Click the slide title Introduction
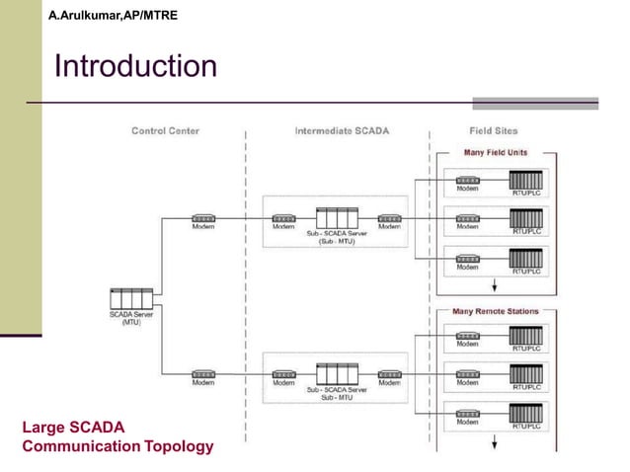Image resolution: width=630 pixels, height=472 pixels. pyautogui.click(x=135, y=67)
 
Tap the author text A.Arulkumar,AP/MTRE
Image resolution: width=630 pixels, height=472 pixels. pyautogui.click(x=113, y=16)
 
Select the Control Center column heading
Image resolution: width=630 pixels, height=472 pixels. pyautogui.click(x=165, y=130)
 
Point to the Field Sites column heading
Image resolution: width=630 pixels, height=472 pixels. pyautogui.click(x=493, y=130)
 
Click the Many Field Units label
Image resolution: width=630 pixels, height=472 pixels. pyautogui.click(x=496, y=153)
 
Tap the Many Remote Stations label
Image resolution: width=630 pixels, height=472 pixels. pyautogui.click(x=496, y=311)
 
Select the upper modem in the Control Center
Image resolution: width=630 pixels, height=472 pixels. pyautogui.click(x=203, y=217)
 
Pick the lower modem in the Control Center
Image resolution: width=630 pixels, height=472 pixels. pyautogui.click(x=203, y=374)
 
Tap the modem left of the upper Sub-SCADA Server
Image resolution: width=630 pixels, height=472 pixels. pyautogui.click(x=283, y=217)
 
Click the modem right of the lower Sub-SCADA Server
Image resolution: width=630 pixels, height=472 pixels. pyautogui.click(x=389, y=374)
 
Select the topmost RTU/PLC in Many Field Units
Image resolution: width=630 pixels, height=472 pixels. pyautogui.click(x=525, y=182)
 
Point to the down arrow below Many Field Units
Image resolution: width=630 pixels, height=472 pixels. pyautogui.click(x=495, y=282)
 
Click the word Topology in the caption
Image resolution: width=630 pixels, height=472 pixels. pyautogui.click(x=178, y=446)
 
